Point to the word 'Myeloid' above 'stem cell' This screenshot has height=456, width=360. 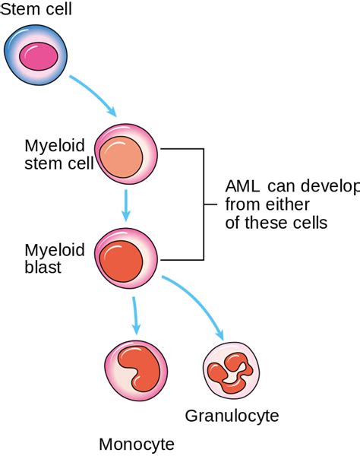click(50, 146)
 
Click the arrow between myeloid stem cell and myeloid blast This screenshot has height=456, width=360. click(126, 203)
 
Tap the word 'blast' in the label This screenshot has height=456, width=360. click(42, 267)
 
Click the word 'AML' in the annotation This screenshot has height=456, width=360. click(242, 186)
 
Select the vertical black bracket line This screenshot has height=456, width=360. click(204, 204)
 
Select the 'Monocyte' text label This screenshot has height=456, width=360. click(137, 444)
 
